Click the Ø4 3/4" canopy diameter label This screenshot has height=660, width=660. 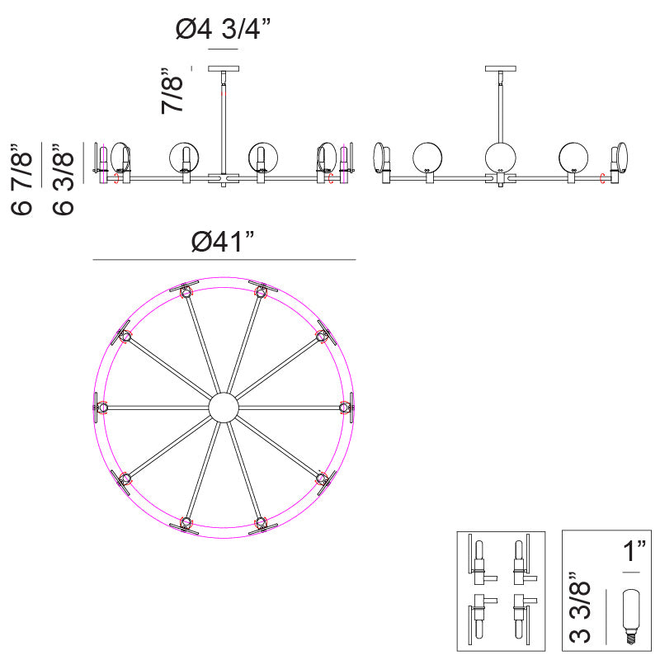tap(223, 30)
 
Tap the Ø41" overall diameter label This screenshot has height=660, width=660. tap(223, 242)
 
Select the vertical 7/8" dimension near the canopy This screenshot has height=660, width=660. tap(172, 91)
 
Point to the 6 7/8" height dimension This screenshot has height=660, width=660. tap(21, 179)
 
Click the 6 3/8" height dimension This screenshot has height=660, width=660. tap(64, 179)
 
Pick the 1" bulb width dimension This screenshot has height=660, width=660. tap(634, 551)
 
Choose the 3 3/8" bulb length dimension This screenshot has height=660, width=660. tap(580, 607)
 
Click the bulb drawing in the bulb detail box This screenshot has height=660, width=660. tap(631, 616)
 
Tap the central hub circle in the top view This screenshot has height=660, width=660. tap(224, 408)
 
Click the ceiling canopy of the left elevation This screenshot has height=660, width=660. tap(224, 68)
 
